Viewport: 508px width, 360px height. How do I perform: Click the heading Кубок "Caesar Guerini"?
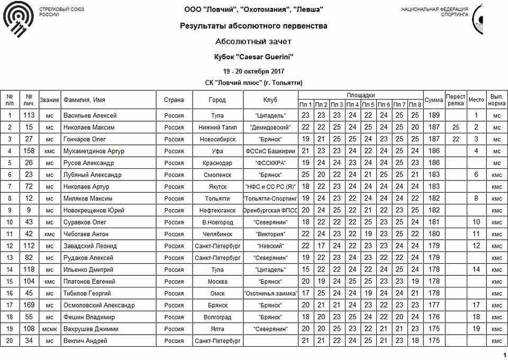pos(253,56)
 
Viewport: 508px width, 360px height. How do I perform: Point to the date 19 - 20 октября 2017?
pos(253,71)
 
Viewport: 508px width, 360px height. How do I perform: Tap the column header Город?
pos(217,100)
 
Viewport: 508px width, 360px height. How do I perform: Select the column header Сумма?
pos(433,100)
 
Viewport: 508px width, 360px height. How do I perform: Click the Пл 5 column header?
pos(368,104)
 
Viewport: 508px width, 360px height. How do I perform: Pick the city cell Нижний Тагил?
pos(217,127)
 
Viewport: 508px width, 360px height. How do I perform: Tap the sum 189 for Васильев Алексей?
pos(433,115)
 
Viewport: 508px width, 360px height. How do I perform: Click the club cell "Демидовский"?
pos(270,127)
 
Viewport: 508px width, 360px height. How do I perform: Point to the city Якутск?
pos(217,186)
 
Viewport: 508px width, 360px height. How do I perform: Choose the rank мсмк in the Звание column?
pos(49,329)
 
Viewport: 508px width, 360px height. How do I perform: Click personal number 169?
pos(29,305)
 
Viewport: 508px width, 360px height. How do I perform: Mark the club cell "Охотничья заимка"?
pos(270,293)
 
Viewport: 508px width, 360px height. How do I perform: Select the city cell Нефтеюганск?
pos(217,210)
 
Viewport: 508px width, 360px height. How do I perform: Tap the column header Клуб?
pos(270,100)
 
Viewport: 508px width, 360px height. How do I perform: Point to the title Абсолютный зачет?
pos(253,41)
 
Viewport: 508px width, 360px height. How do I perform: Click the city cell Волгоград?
pos(217,317)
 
